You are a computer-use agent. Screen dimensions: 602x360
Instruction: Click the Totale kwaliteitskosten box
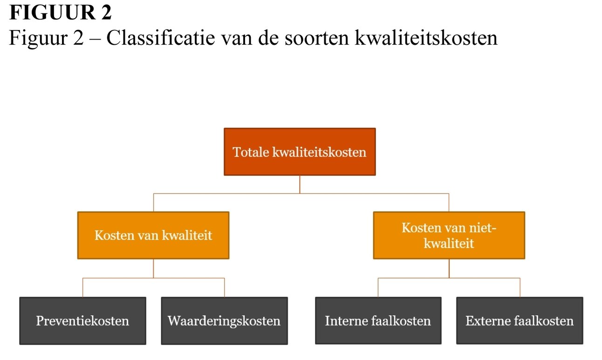[x=300, y=152]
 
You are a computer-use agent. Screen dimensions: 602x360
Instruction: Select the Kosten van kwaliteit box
[x=153, y=235]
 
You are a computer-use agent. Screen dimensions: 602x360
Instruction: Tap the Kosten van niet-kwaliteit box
[x=449, y=235]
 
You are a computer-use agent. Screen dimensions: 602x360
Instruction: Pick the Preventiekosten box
[x=83, y=321]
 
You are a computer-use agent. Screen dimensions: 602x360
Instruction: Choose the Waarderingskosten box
[x=225, y=321]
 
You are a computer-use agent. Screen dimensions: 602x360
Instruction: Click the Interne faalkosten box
[x=378, y=321]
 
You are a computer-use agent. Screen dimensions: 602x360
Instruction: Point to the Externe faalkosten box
[x=520, y=321]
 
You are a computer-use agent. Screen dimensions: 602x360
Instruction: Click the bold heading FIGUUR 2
[x=61, y=13]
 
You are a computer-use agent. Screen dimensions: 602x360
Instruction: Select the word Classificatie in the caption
[x=161, y=37]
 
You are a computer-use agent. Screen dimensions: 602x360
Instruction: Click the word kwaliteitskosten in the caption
[x=426, y=37]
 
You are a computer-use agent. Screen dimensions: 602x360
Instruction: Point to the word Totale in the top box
[x=251, y=152]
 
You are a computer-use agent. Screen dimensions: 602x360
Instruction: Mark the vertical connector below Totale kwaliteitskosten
[x=300, y=185]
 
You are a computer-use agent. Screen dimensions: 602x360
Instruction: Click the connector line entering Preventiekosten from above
[x=83, y=287]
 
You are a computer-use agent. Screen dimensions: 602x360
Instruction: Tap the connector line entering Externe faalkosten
[x=520, y=287]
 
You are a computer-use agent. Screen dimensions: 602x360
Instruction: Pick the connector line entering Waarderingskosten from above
[x=225, y=287]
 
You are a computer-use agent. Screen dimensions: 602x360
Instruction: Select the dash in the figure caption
[x=95, y=40]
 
